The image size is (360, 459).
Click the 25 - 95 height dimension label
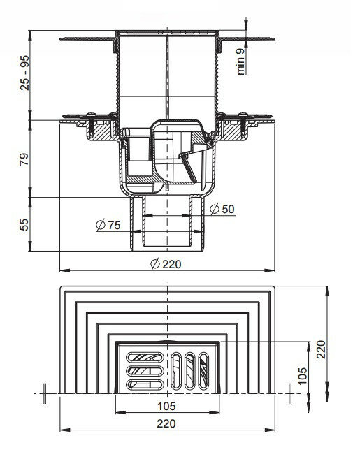pyautogui.click(x=24, y=73)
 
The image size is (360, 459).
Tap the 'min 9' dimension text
pyautogui.click(x=240, y=61)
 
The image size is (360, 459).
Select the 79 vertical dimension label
pyautogui.click(x=24, y=159)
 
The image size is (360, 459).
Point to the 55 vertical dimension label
pyautogui.click(x=24, y=224)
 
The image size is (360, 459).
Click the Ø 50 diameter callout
pyautogui.click(x=222, y=209)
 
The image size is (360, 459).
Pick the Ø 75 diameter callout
pyautogui.click(x=108, y=225)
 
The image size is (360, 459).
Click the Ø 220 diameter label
pyautogui.click(x=166, y=264)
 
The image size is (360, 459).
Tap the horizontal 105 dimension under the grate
pyautogui.click(x=166, y=406)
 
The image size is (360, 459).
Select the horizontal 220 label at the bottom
pyautogui.click(x=166, y=423)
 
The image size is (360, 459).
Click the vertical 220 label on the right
pyautogui.click(x=321, y=349)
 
